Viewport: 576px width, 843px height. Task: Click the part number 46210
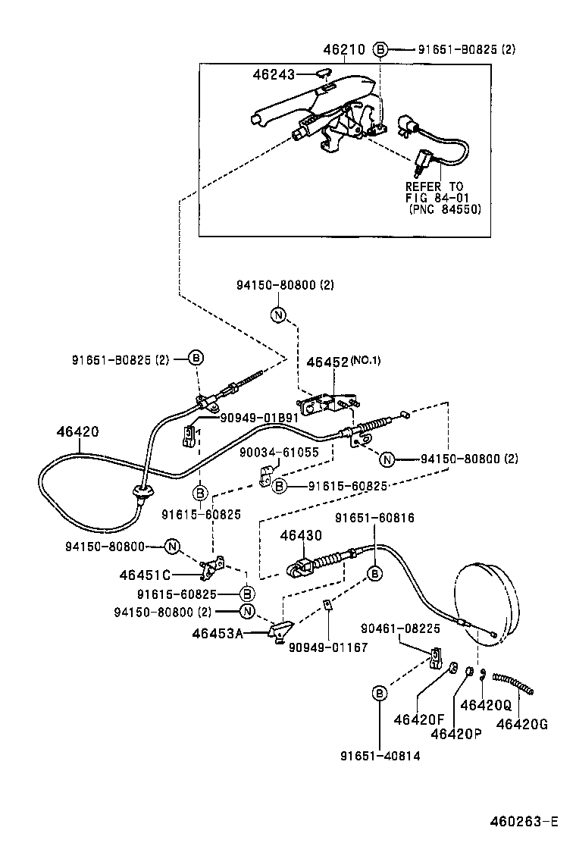(343, 50)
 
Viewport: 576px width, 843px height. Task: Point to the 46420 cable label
(77, 432)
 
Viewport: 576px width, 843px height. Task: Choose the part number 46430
(301, 535)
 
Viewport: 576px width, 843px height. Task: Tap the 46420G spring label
(521, 723)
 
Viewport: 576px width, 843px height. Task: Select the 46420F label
(418, 719)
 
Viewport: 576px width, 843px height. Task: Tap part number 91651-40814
(380, 755)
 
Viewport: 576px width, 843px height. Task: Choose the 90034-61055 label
(280, 453)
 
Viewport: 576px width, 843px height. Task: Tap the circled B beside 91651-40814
(380, 692)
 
